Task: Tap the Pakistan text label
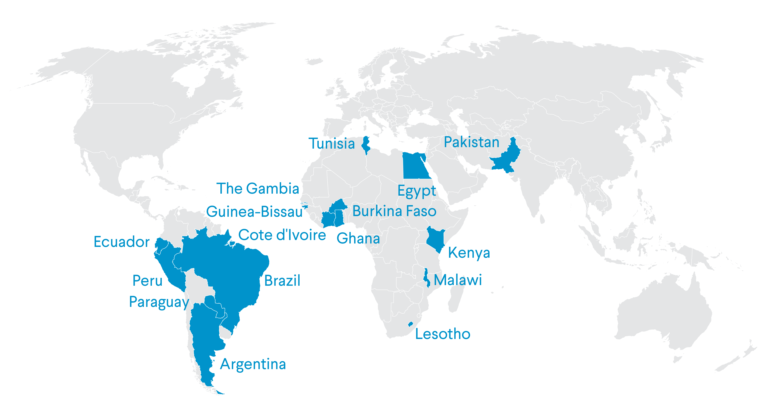(x=471, y=142)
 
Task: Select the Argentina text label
(x=253, y=364)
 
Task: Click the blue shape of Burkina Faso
(x=338, y=206)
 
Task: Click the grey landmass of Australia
(x=666, y=315)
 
